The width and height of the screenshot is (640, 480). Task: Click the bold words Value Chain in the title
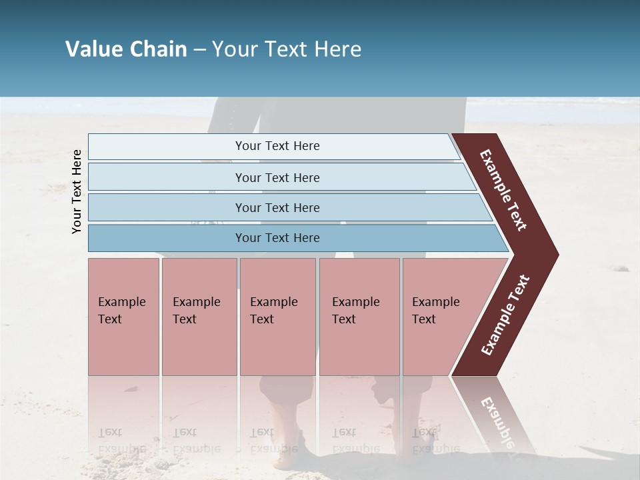click(126, 49)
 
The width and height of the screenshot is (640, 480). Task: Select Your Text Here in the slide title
click(287, 49)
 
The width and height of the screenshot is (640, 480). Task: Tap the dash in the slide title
click(199, 50)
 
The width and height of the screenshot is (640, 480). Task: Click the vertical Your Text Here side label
click(77, 191)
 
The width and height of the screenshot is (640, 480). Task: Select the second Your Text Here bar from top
click(277, 177)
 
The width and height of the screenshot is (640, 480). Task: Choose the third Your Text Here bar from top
click(277, 207)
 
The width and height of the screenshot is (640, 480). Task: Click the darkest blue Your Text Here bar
click(277, 238)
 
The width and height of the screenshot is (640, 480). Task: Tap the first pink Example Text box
click(123, 316)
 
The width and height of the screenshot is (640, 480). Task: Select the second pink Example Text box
click(199, 316)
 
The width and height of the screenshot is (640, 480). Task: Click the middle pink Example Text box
click(277, 316)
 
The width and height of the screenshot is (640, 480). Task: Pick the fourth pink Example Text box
click(359, 316)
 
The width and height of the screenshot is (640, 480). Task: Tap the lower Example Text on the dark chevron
click(505, 315)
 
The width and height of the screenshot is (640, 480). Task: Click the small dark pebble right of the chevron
click(621, 269)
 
